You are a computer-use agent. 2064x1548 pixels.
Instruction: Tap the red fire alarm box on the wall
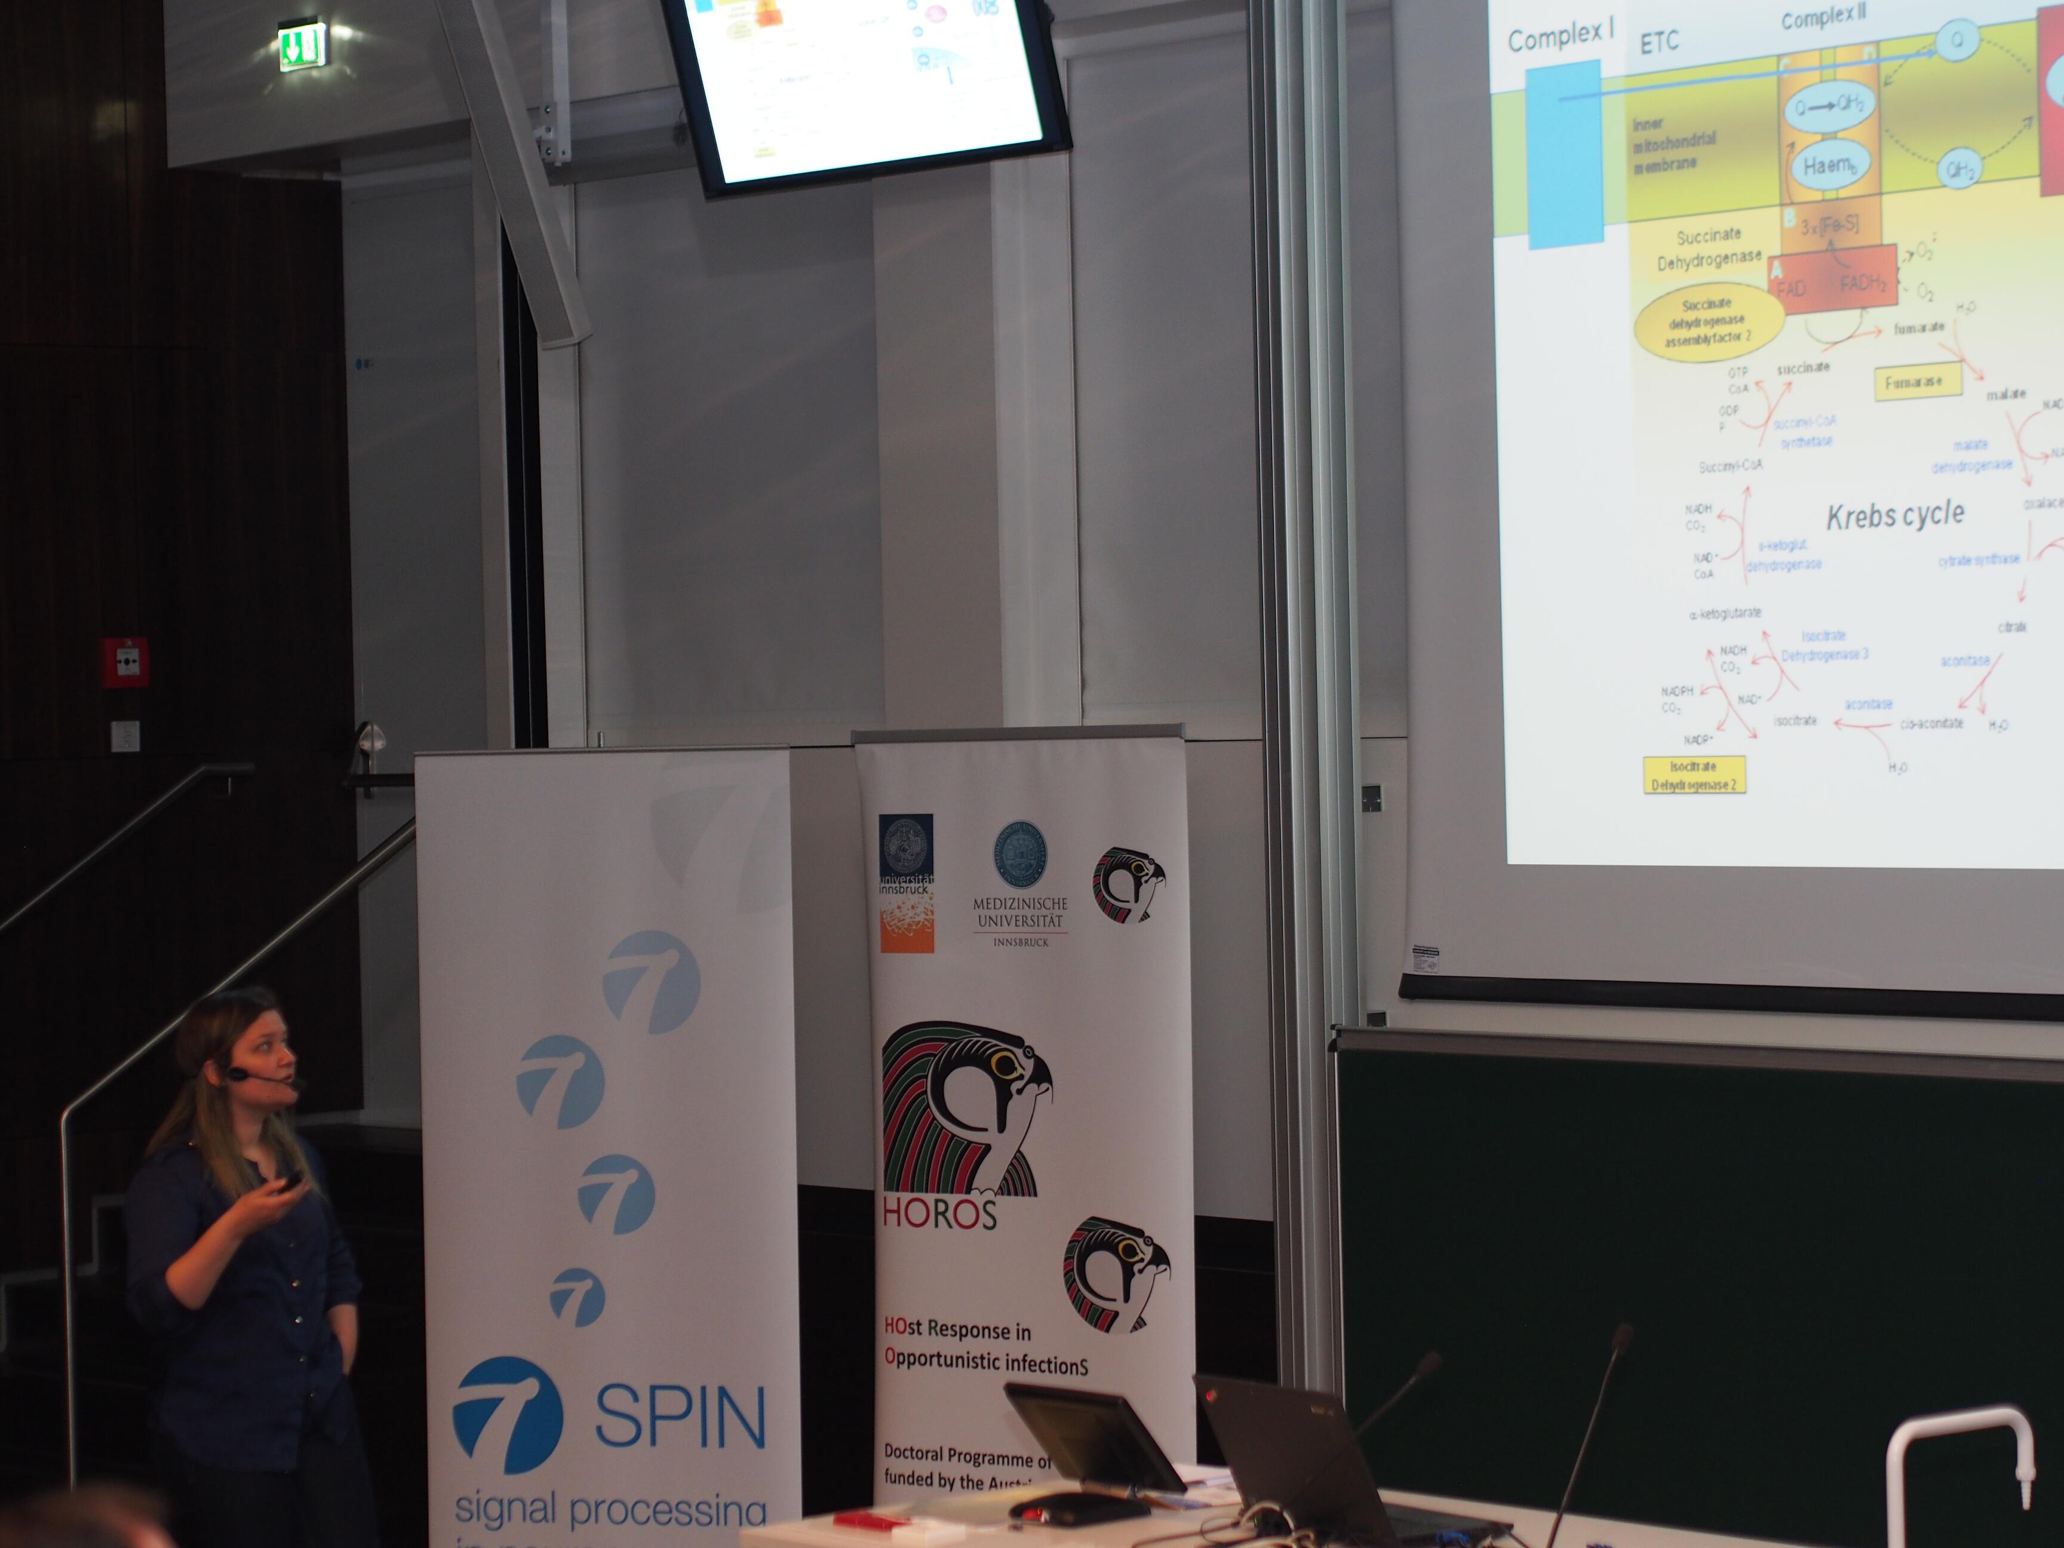[x=125, y=662]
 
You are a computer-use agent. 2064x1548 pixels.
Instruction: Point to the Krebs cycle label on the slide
[x=1894, y=515]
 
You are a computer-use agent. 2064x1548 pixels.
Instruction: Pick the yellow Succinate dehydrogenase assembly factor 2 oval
[x=1707, y=320]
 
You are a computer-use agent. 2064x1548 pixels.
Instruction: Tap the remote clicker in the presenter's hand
[x=290, y=1180]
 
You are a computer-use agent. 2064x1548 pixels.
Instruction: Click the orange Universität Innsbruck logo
[x=906, y=883]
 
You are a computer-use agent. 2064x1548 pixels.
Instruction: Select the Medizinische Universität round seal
[x=1020, y=855]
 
